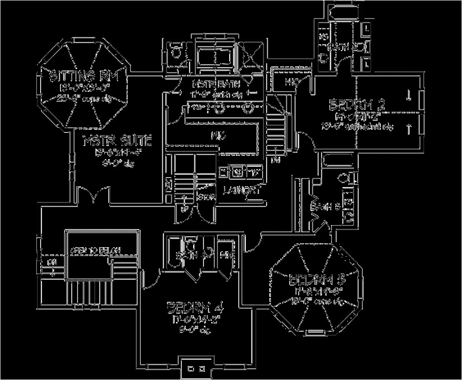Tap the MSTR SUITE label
click(x=117, y=141)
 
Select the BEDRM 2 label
click(x=357, y=105)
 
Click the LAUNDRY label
click(x=242, y=190)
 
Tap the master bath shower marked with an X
click(x=250, y=56)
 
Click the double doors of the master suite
click(x=93, y=195)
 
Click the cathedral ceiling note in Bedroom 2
click(x=357, y=127)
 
